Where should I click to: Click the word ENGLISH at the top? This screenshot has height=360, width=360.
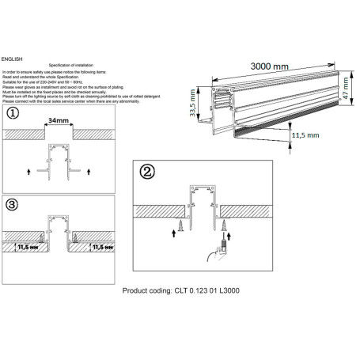pos(13,59)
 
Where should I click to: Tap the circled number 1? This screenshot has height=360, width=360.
pos(11,113)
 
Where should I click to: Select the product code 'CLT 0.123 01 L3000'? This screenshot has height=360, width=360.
pos(206,291)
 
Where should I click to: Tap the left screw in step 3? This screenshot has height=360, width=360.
pos(46,237)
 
